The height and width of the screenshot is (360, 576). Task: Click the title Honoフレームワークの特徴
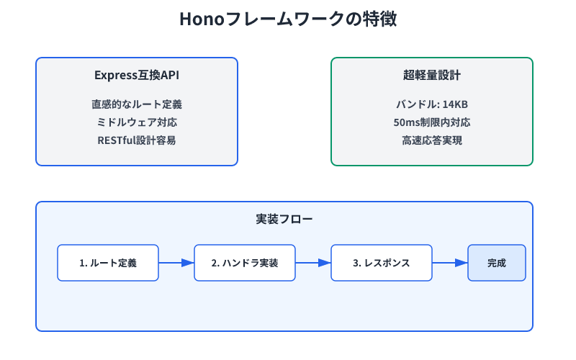pos(288,20)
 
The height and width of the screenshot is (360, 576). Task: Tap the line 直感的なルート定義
pos(137,104)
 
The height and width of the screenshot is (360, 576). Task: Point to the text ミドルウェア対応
pos(137,122)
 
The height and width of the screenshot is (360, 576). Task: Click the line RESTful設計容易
pos(137,140)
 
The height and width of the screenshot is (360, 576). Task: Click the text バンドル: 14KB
pos(432,104)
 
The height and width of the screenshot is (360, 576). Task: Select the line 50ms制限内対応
pos(432,122)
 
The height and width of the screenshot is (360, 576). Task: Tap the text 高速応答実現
pos(432,140)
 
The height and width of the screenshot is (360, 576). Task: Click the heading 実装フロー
pos(284,219)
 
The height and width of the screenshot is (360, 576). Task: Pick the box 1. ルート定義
pos(108,263)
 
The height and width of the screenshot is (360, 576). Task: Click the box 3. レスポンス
pos(382,263)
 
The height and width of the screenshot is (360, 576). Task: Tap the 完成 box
pos(497,263)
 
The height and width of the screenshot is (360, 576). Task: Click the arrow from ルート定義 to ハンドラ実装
pos(176,263)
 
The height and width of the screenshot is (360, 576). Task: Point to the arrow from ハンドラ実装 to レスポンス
pos(313,263)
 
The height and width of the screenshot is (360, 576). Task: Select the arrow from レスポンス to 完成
pos(450,263)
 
